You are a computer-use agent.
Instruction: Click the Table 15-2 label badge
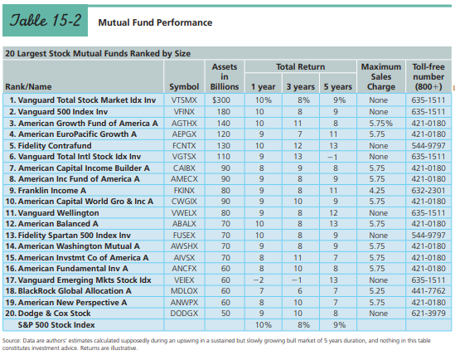point(45,20)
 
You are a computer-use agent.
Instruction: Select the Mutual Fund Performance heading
point(155,22)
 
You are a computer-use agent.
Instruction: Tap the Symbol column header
point(184,87)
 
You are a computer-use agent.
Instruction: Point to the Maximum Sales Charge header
point(381,76)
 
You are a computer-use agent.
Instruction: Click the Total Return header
point(300,66)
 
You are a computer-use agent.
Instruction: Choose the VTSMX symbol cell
point(184,100)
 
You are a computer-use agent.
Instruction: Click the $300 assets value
point(221,100)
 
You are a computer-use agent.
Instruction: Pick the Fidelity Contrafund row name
point(51,145)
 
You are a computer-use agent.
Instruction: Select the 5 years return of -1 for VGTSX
point(332,157)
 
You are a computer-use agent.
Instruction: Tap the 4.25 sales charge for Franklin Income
point(377,191)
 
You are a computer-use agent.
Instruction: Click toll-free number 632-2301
point(428,191)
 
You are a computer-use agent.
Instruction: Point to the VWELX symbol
point(184,213)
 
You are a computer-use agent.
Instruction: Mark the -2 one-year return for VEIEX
point(259,280)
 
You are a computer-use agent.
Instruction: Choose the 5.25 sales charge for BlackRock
point(377,291)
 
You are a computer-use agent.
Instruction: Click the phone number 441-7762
point(428,291)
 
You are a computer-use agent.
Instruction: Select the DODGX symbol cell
point(184,314)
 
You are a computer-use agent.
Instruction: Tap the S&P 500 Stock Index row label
point(56,325)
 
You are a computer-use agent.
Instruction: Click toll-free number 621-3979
point(428,314)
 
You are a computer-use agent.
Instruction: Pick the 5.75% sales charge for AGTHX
point(380,124)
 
